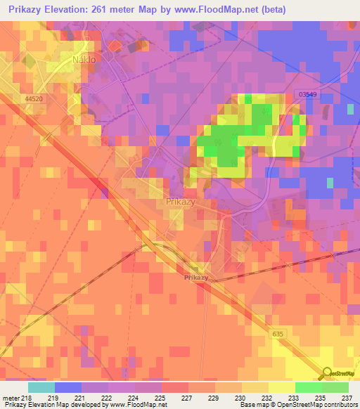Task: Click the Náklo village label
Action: (x=84, y=60)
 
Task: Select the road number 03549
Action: (x=307, y=93)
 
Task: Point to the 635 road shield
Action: (x=279, y=335)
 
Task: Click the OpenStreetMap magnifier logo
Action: (x=326, y=374)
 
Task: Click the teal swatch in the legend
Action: (x=41, y=387)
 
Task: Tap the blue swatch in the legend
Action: (x=67, y=387)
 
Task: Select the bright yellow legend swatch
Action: (x=281, y=387)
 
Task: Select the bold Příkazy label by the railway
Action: (x=196, y=278)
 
